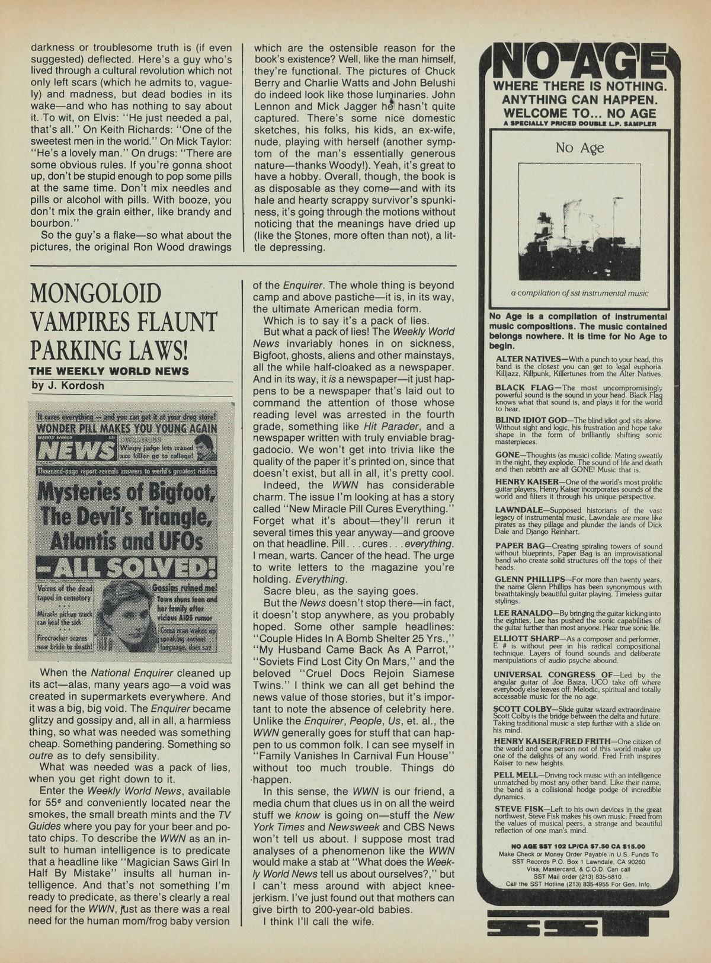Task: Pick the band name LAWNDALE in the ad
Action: click(517, 510)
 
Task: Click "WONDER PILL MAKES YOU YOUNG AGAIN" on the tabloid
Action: click(127, 428)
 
